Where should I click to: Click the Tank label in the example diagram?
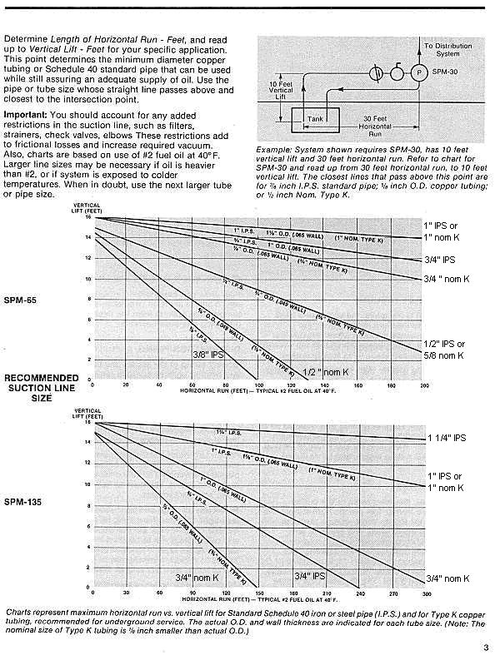click(315, 119)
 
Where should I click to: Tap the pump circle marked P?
click(420, 72)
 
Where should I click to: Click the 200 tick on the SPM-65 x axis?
click(425, 386)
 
